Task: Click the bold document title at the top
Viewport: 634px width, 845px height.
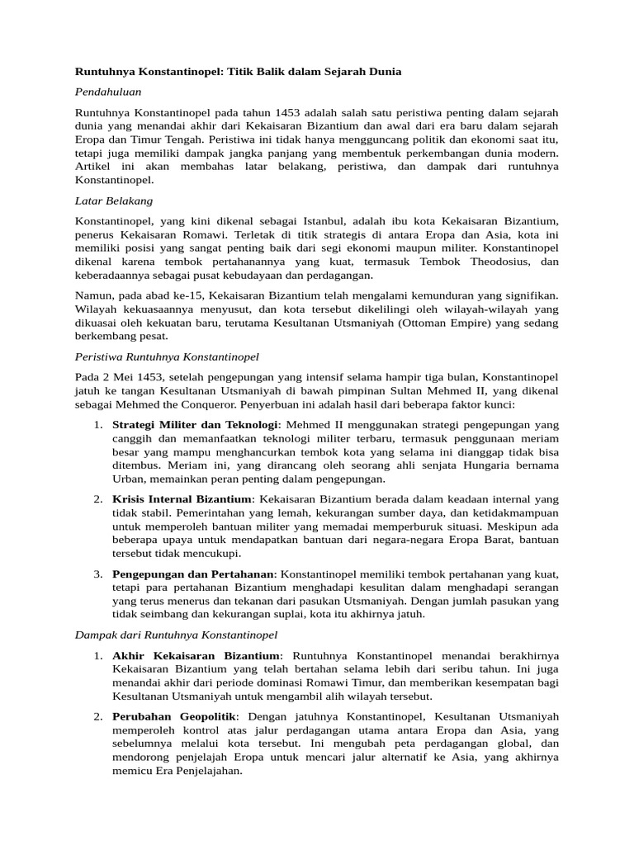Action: pyautogui.click(x=238, y=72)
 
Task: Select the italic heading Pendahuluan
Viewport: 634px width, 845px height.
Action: pyautogui.click(x=108, y=92)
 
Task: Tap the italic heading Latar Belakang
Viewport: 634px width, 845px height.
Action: pyautogui.click(x=114, y=201)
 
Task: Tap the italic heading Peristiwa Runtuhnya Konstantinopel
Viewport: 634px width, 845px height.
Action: pyautogui.click(x=167, y=356)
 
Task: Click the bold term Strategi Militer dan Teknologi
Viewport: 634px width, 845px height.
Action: pyautogui.click(x=196, y=425)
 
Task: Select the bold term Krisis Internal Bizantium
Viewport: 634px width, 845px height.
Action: pyautogui.click(x=182, y=499)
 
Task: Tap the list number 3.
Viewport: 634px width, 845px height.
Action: pyautogui.click(x=97, y=574)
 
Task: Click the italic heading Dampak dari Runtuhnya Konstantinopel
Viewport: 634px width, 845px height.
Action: pyautogui.click(x=177, y=635)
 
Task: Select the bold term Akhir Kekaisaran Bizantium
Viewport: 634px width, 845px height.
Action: pyautogui.click(x=196, y=655)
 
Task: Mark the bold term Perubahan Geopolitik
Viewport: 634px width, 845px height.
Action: pyautogui.click(x=175, y=716)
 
